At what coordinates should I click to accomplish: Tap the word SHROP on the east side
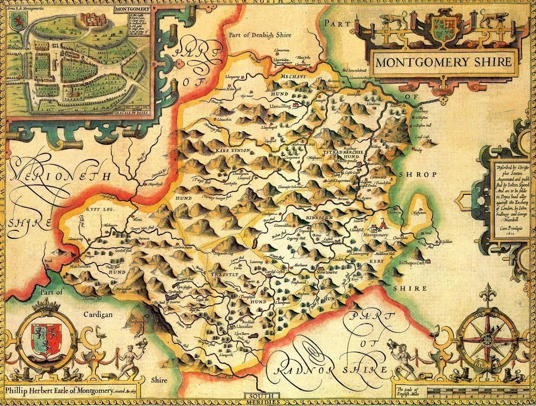point(423,175)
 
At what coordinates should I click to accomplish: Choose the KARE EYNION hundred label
point(230,152)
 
